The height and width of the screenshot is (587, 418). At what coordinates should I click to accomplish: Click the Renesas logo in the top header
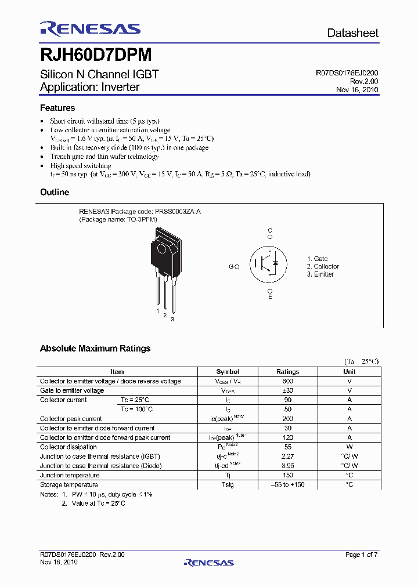(x=90, y=28)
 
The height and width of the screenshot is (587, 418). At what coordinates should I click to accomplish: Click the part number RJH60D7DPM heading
(x=96, y=55)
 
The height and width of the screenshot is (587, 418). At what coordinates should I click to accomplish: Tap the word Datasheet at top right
(x=352, y=33)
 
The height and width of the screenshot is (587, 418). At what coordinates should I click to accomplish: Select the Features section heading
(x=57, y=108)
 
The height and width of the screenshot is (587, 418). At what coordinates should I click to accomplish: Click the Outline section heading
(x=55, y=192)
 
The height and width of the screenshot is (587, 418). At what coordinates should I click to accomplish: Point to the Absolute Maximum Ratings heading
(x=95, y=349)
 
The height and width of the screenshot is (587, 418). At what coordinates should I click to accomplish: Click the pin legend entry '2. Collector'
(x=323, y=267)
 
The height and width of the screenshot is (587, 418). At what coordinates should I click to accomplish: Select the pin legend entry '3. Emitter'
(x=320, y=274)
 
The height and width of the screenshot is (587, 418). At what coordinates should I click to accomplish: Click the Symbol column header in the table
(x=228, y=372)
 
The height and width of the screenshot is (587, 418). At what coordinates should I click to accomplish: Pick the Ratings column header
(x=287, y=372)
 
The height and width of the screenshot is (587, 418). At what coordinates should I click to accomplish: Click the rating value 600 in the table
(x=287, y=381)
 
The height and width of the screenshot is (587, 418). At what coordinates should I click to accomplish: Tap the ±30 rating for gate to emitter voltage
(x=287, y=390)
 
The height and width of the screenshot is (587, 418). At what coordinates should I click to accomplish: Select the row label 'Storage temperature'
(x=69, y=484)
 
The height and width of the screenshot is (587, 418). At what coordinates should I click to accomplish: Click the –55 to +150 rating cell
(x=287, y=484)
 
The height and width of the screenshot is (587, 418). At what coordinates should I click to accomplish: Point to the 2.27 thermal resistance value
(x=287, y=456)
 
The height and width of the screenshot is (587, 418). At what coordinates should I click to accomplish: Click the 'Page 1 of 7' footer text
(x=361, y=555)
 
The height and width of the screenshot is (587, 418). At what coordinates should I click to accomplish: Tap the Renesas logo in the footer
(x=208, y=562)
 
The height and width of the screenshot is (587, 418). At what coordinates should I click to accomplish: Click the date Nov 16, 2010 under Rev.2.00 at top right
(x=357, y=90)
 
